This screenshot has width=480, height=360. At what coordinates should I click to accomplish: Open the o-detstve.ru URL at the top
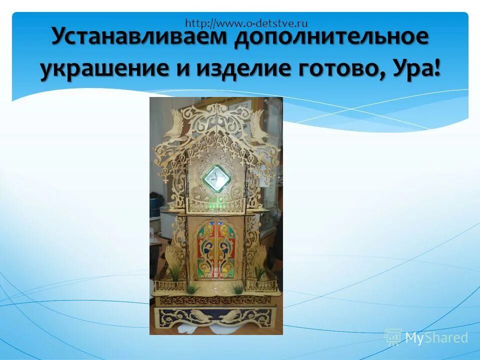tap(246, 22)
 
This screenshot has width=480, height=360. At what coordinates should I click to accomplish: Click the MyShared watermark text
tap(436, 337)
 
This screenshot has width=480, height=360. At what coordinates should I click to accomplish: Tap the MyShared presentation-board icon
tap(393, 337)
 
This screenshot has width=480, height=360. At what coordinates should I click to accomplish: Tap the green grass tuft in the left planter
tap(174, 272)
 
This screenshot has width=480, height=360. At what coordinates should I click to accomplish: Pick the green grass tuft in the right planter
tap(259, 272)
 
